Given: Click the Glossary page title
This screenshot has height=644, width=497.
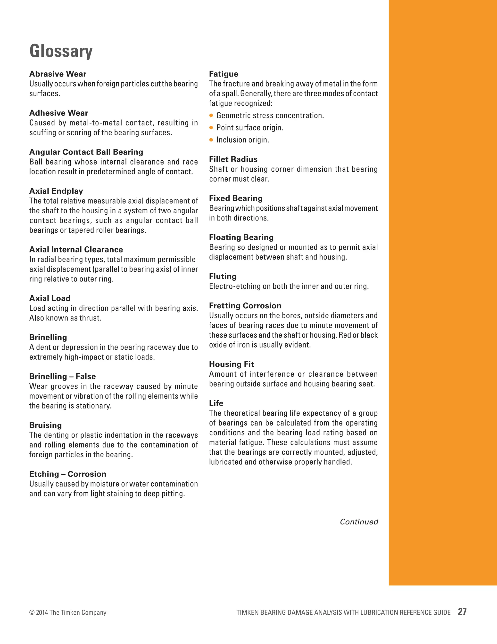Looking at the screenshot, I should coord(61,51).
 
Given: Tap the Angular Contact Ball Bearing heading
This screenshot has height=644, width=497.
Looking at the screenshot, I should coord(86,152).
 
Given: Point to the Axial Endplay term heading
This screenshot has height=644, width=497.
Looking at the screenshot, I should coord(56,191).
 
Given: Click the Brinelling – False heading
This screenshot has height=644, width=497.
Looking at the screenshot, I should coord(62,376).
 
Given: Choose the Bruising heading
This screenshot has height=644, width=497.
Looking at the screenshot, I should coord(45,425).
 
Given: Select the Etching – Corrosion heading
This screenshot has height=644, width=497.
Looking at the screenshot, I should coord(68,474).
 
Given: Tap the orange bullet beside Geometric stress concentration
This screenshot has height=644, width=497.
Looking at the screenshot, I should coord(211,116).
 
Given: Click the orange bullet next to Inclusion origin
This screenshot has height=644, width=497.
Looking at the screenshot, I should coord(211,140).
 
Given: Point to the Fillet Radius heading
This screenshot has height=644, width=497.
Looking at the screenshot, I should coord(233,159).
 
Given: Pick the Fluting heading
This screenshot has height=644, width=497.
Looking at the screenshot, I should coord(223,277).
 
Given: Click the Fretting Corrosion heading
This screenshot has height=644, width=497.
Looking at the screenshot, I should coord(245,306).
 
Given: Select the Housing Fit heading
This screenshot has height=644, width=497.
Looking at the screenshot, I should coord(232,365).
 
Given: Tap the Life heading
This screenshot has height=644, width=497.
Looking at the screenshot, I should coord(216,403).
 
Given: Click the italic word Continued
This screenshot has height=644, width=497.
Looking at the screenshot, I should coord(359,522).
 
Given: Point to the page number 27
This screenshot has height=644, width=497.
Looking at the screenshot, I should coord(462,612).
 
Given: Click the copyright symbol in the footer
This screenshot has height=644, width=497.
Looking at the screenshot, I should coord(32,613).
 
